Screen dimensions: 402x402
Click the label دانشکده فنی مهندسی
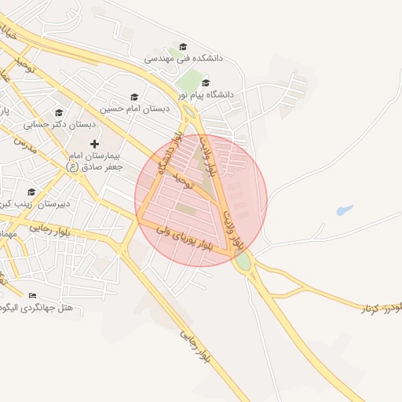[x=185, y=59]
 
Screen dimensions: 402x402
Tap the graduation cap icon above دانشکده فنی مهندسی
[x=184, y=47]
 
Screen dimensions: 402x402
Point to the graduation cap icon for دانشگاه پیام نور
[x=206, y=82]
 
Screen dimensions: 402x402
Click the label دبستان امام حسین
[x=135, y=108]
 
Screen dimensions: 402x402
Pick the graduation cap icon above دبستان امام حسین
[x=134, y=97]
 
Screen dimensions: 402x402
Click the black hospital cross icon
[x=95, y=144]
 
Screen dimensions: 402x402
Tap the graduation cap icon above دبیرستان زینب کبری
[x=31, y=192]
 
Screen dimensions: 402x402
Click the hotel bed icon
[x=32, y=296]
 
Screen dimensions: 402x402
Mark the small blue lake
[x=344, y=210]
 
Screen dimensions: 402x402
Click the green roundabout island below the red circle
[x=243, y=262]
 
